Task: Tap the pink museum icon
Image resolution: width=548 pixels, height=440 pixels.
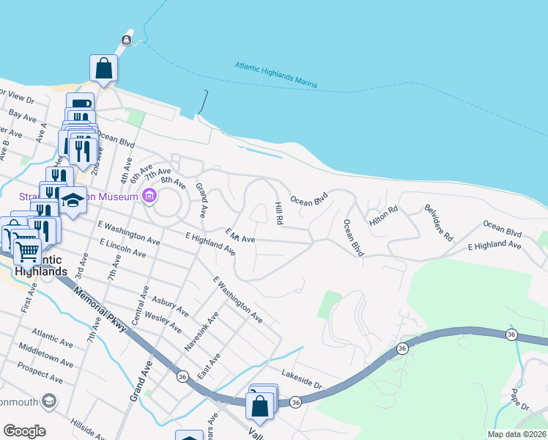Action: [150, 196]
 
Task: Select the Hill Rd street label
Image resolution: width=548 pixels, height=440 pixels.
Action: [278, 213]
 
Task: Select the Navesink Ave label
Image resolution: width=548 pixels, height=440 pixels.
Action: [192, 330]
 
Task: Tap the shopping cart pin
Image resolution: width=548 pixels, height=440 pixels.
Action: [28, 251]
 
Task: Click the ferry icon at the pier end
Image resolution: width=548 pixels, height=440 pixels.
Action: [127, 39]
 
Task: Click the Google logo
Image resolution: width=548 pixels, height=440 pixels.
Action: [24, 431]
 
